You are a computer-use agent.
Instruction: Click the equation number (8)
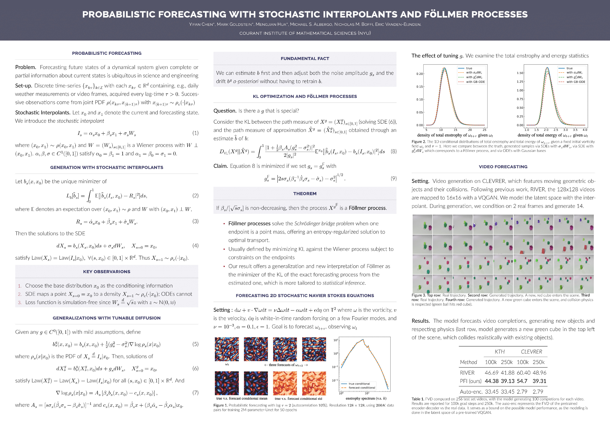point(393,152)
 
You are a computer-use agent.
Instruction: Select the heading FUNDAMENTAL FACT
point(305,59)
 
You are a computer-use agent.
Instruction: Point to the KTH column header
point(499,352)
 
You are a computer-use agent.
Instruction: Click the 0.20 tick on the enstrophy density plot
point(420,74)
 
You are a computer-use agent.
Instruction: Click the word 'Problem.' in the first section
point(25,67)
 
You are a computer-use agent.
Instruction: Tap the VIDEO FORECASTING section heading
point(503,167)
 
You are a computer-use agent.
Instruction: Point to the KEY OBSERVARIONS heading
point(107,272)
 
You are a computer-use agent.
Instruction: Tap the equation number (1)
point(195,133)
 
